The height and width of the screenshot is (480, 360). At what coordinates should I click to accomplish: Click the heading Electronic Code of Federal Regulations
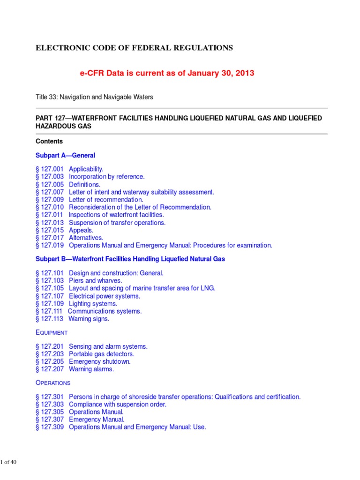134,48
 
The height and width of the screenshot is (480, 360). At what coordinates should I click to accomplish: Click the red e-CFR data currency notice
162,74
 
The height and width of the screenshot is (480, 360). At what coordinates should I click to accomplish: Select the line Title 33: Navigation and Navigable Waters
94,97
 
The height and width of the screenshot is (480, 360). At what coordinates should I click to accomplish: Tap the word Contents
49,141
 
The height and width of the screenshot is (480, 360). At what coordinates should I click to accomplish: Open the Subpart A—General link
66,155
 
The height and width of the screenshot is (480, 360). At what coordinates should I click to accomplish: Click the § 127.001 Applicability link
69,169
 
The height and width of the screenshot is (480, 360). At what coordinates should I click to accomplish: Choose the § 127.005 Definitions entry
68,184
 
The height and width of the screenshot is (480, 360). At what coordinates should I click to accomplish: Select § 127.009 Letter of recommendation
89,200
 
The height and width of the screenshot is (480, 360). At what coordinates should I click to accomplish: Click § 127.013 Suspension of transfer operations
100,223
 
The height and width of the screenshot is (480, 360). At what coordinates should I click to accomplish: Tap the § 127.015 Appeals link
64,230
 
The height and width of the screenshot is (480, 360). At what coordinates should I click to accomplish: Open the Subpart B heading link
130,259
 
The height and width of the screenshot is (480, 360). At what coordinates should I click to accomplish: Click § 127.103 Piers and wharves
79,280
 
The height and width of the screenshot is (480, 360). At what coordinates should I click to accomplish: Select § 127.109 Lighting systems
76,303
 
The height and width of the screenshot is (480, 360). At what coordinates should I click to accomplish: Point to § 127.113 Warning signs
72,319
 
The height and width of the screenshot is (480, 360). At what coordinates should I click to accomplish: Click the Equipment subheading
52,332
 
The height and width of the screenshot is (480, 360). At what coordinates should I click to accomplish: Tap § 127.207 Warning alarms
75,369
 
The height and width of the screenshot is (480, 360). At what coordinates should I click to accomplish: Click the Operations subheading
53,383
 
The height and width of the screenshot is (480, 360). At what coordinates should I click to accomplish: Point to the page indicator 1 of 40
9,463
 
